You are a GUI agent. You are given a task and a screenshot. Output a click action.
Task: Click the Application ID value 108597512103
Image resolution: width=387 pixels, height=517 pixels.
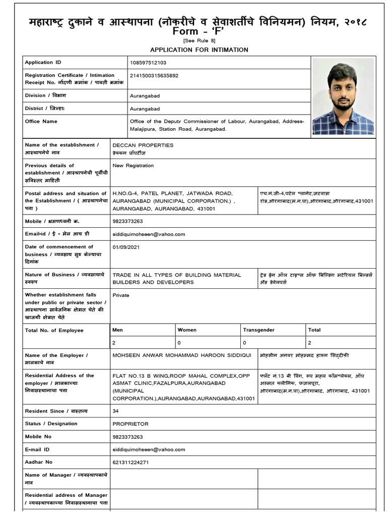pyautogui.click(x=148, y=63)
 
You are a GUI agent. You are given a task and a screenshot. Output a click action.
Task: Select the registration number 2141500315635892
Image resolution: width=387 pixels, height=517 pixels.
pyautogui.click(x=154, y=76)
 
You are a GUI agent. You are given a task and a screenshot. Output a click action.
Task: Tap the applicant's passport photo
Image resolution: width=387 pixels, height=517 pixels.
pyautogui.click(x=343, y=96)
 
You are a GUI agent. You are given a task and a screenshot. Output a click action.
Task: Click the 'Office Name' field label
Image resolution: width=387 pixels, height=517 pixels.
pyautogui.click(x=41, y=122)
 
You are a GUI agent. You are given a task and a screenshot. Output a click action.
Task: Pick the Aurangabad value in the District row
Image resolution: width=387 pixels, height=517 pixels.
pyautogui.click(x=145, y=109)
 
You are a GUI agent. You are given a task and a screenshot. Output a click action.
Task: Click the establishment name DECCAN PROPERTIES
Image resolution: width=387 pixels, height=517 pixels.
pyautogui.click(x=143, y=145)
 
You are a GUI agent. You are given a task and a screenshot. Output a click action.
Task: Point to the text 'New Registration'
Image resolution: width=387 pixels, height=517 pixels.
pyautogui.click(x=134, y=166)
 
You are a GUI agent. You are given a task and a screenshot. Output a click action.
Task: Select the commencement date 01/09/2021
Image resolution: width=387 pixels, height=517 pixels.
pyautogui.click(x=126, y=247)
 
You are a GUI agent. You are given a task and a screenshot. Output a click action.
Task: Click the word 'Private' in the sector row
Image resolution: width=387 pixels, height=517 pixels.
pyautogui.click(x=121, y=295)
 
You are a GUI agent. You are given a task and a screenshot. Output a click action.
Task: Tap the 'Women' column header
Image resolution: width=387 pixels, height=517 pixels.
pyautogui.click(x=187, y=330)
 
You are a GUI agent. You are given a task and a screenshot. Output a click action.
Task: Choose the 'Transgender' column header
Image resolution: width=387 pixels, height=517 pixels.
pyautogui.click(x=259, y=330)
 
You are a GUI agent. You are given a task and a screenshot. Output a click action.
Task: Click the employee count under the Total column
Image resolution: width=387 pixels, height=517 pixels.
pyautogui.click(x=310, y=342)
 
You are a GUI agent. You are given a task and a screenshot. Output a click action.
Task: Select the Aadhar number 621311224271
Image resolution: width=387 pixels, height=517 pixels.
pyautogui.click(x=131, y=462)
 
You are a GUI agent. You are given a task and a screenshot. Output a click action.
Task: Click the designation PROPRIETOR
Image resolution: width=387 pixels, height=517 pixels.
pyautogui.click(x=131, y=424)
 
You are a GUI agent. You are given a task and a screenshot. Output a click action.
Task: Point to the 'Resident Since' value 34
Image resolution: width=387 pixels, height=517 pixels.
pyautogui.click(x=116, y=411)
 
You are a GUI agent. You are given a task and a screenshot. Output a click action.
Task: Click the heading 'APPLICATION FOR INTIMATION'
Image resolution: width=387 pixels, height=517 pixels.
pyautogui.click(x=199, y=49)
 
